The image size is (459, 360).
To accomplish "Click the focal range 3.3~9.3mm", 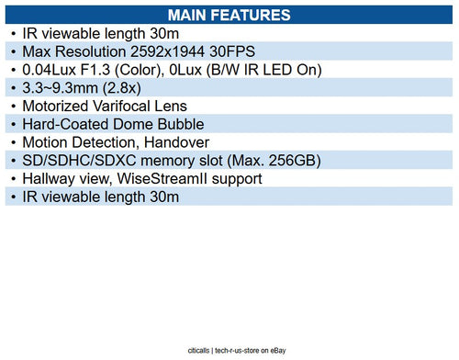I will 62,88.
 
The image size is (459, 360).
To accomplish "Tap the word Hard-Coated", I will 64,124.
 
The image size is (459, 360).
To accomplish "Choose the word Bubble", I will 177,124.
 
